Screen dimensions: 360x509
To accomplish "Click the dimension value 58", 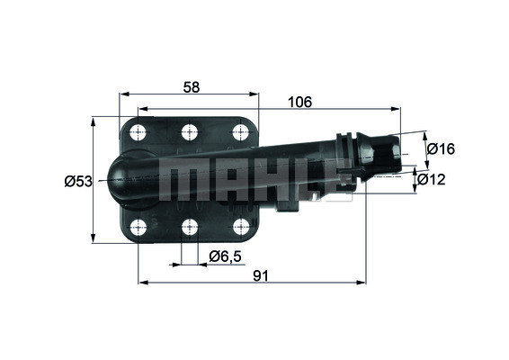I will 190,86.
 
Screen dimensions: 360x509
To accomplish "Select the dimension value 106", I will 301,103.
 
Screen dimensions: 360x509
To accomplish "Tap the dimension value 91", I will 261,276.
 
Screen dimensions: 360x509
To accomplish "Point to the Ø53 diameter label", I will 78,181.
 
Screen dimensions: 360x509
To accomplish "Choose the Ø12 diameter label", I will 439,180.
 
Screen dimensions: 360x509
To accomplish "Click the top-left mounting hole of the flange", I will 138,132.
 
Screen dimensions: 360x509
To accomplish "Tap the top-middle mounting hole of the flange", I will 189,132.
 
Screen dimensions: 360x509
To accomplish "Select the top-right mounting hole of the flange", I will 239,132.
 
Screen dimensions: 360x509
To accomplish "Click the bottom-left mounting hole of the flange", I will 138,226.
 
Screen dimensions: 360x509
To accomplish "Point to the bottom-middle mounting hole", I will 189,226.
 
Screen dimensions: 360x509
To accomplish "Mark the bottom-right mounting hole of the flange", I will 239,226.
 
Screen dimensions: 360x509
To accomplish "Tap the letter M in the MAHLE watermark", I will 179,180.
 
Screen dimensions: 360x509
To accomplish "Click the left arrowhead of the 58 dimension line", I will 124,94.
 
